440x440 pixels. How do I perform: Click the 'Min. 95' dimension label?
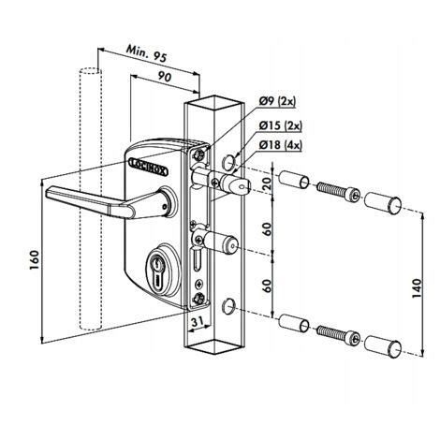tap(147, 54)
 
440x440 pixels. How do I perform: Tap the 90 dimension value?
tap(165, 76)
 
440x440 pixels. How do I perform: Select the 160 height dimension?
tap(35, 260)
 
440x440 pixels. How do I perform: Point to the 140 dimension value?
tap(417, 287)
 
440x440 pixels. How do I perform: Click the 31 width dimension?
tap(198, 322)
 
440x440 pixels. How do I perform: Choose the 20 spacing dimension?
tap(268, 184)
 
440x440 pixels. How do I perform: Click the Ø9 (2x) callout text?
tap(277, 102)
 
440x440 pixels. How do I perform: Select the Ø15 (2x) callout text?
tap(280, 125)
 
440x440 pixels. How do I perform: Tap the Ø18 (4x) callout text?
tap(280, 145)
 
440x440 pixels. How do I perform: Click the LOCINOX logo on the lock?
tap(148, 167)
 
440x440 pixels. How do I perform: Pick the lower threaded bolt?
tap(339, 334)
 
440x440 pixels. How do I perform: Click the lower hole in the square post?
tap(228, 305)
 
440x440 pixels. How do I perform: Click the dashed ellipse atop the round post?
tap(91, 71)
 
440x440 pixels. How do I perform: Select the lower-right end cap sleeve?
tap(383, 346)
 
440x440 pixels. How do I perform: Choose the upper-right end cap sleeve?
tap(383, 203)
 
